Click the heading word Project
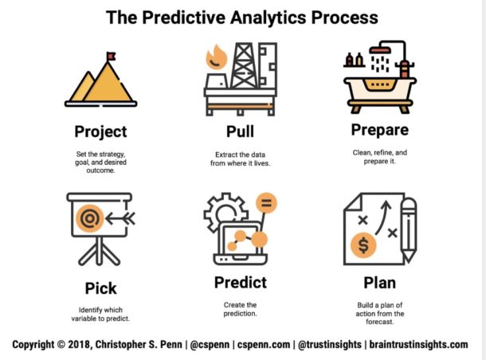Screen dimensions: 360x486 click(100, 131)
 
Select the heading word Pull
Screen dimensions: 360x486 click(240, 131)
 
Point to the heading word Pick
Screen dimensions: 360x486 click(100, 287)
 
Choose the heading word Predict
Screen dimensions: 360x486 click(240, 283)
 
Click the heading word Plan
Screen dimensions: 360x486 click(379, 283)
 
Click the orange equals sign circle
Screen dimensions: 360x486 click(267, 204)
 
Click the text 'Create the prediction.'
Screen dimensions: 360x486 click(240, 309)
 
